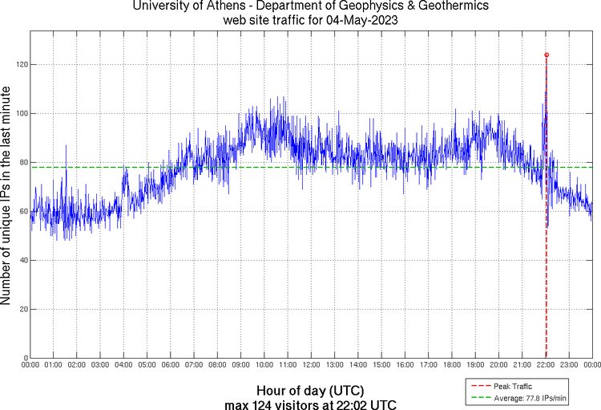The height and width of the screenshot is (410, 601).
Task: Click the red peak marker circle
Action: coord(547,55)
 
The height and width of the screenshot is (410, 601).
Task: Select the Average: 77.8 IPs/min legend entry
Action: coord(524,398)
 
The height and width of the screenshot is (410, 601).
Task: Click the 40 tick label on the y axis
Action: coord(23,260)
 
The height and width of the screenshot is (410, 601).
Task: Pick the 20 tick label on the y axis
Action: coord(23,309)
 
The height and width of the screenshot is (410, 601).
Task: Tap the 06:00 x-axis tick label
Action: coord(171,365)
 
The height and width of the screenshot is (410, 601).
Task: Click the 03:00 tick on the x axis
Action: coord(101,365)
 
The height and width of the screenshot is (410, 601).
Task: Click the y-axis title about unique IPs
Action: coord(6,197)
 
